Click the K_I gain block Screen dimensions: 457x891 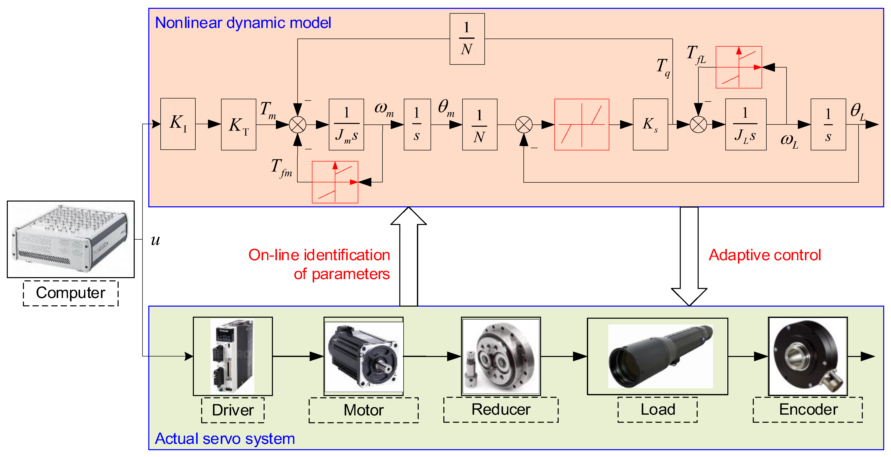(178, 124)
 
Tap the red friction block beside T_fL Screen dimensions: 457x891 (738, 67)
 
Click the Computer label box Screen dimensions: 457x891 (70, 293)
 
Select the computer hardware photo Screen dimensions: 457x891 (70, 239)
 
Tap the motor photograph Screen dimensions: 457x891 (364, 356)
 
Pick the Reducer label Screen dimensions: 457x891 (501, 410)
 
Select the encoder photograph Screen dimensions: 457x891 (808, 356)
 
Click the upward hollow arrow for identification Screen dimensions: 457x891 (408, 256)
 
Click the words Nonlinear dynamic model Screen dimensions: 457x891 (243, 23)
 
